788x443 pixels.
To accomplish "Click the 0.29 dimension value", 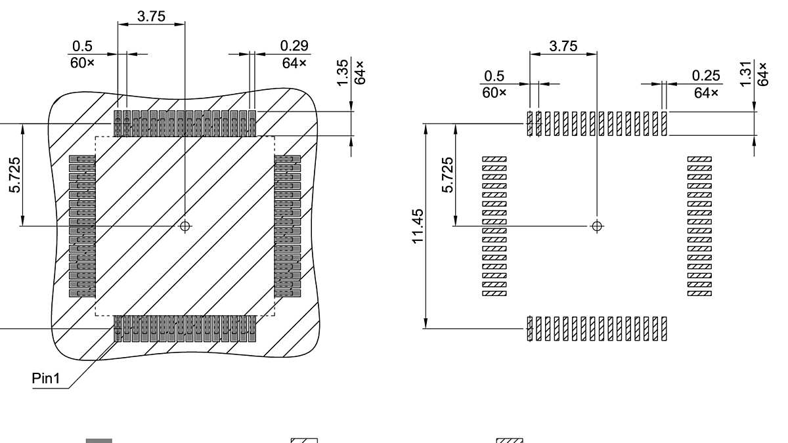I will pos(294,46).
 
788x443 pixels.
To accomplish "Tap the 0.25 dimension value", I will pos(706,75).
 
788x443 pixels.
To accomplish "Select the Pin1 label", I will pos(46,380).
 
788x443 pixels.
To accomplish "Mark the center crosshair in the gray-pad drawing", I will pos(185,226).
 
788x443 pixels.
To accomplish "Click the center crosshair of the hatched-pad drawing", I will pos(597,226).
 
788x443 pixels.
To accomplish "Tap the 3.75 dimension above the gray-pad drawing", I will pos(151,16).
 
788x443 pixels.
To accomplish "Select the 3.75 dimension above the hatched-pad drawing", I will pos(563,46).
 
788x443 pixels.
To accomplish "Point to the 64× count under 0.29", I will pos(294,63).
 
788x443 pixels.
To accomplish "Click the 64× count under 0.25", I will pos(706,93).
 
